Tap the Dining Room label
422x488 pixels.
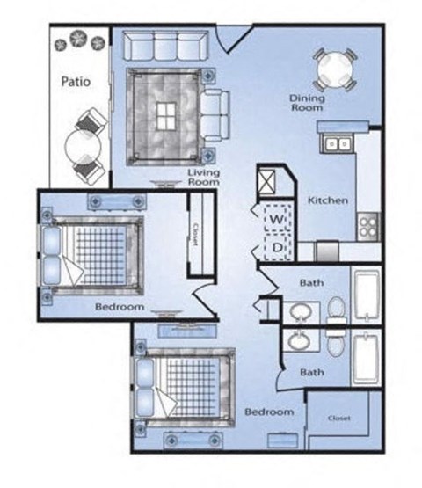(307, 103)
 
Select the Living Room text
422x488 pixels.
(203, 178)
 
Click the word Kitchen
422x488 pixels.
(327, 200)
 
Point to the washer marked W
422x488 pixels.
(274, 217)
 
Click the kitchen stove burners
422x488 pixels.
(367, 224)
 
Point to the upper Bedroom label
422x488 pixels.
(119, 307)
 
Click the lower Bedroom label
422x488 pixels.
(267, 411)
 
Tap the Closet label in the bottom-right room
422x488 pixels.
(338, 419)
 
